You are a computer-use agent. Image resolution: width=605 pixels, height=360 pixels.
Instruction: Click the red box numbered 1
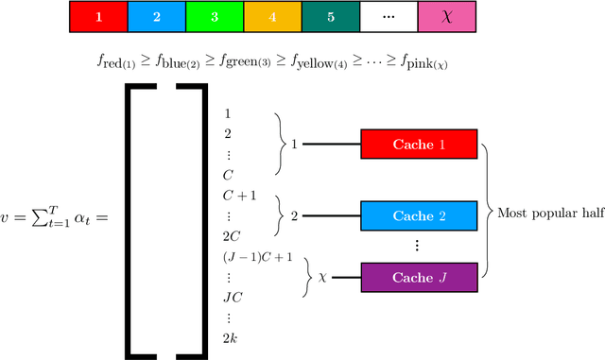click(x=98, y=16)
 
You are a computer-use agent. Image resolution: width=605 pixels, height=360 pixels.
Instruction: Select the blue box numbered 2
click(x=156, y=16)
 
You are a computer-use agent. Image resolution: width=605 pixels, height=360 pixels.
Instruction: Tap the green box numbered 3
click(x=214, y=16)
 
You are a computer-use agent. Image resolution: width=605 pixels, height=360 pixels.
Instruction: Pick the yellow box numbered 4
click(x=271, y=16)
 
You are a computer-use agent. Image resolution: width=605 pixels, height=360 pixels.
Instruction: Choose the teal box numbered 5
click(x=329, y=16)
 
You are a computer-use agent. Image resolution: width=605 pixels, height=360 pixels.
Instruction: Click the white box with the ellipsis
click(x=387, y=16)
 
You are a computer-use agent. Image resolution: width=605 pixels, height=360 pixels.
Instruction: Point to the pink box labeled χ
click(x=445, y=16)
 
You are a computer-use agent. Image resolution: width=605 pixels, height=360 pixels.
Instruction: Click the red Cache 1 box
click(x=419, y=145)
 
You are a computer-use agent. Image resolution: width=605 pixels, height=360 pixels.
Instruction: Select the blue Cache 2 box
click(x=419, y=216)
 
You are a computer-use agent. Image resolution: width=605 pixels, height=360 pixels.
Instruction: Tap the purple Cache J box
click(x=419, y=277)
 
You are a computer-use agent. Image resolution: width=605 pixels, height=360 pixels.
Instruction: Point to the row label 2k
click(x=230, y=337)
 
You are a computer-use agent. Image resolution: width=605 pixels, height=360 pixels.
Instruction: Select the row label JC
click(x=232, y=299)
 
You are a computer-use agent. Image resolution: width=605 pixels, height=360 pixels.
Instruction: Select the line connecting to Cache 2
click(x=330, y=216)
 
